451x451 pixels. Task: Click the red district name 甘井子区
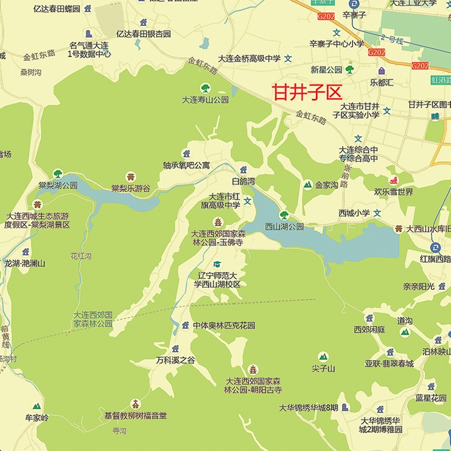tap(307, 92)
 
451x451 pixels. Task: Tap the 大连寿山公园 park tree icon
tap(205, 88)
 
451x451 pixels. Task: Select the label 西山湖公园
tap(284, 226)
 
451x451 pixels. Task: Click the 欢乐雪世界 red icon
tap(393, 182)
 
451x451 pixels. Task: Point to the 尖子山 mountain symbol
tap(323, 357)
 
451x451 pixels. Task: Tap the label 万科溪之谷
tap(175, 360)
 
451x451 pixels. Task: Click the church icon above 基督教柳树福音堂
tap(135, 404)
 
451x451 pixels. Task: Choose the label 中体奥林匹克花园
tap(224, 325)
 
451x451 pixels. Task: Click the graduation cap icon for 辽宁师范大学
tap(218, 264)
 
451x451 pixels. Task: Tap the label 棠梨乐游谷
tap(131, 188)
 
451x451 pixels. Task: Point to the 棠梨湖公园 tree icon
tap(58, 174)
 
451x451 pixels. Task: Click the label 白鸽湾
tap(244, 181)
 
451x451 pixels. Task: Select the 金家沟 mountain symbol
tap(307, 184)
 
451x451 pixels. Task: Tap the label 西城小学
tap(354, 213)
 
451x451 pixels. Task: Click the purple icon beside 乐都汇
tap(382, 72)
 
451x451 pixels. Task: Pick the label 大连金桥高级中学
tap(249, 58)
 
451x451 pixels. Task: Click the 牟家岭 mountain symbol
tap(37, 406)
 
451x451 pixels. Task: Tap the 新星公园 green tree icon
tap(350, 70)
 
